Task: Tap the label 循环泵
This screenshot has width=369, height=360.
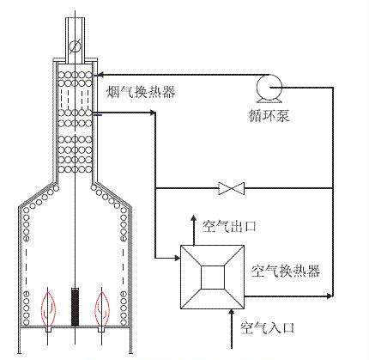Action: pyautogui.click(x=269, y=116)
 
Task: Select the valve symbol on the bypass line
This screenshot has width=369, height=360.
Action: pyautogui.click(x=231, y=188)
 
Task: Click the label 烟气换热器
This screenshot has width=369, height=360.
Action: pyautogui.click(x=141, y=92)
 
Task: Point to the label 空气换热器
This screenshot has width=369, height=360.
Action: pyautogui.click(x=286, y=271)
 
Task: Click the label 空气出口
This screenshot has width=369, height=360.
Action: pyautogui.click(x=229, y=227)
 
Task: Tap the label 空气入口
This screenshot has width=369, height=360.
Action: pyautogui.click(x=268, y=328)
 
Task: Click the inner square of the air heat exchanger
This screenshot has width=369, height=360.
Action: pyautogui.click(x=213, y=278)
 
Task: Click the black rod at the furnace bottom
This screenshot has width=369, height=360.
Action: pyautogui.click(x=75, y=307)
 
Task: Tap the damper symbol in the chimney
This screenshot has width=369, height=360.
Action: pyautogui.click(x=75, y=46)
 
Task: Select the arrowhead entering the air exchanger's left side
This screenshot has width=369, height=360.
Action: pyautogui.click(x=177, y=258)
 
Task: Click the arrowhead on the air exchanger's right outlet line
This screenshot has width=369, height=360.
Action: pyautogui.click(x=330, y=296)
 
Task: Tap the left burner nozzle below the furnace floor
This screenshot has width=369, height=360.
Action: pyautogui.click(x=49, y=329)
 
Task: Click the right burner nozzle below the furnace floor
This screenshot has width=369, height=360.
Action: pyautogui.click(x=101, y=329)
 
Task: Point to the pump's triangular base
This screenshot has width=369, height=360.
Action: pyautogui.click(x=269, y=101)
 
